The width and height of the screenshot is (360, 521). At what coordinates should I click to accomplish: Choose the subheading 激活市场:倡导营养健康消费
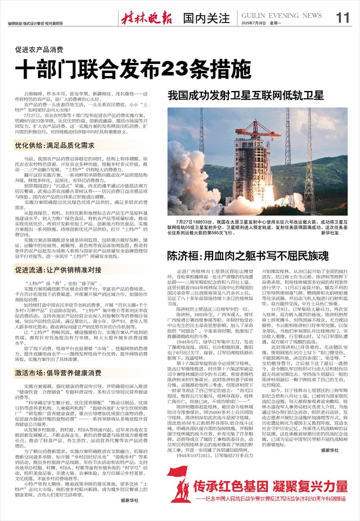[x=58, y=372]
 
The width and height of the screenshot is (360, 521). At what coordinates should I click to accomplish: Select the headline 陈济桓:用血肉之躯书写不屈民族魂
[x=248, y=256]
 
